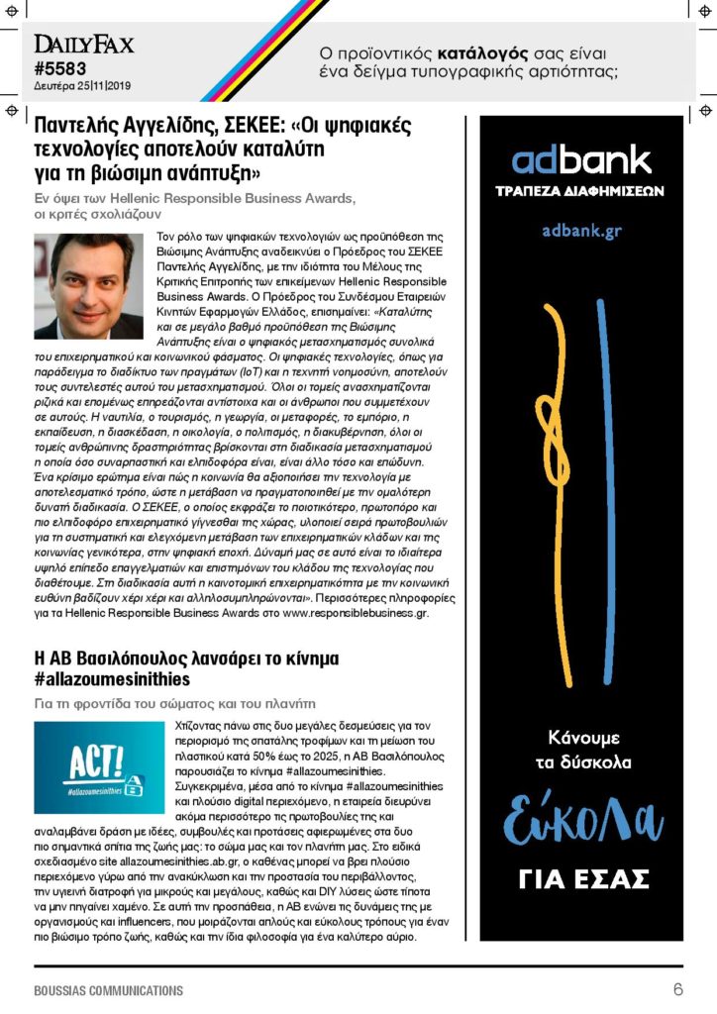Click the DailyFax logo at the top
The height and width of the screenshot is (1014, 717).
84,45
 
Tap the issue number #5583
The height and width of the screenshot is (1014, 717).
60,68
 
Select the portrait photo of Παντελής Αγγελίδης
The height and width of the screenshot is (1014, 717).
89,287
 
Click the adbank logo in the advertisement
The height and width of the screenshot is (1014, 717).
581,160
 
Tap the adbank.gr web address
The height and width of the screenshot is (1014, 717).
581,231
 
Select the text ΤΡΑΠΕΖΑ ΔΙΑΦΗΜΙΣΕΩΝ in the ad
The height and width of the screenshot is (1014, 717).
581,191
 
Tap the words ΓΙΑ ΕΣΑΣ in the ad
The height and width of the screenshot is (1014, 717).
581,878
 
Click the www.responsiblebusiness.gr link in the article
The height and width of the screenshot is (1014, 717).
355,614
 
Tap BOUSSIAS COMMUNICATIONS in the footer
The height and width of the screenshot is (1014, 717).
108,990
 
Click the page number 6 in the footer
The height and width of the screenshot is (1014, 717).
678,989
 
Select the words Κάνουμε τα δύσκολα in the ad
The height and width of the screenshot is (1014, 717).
581,750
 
